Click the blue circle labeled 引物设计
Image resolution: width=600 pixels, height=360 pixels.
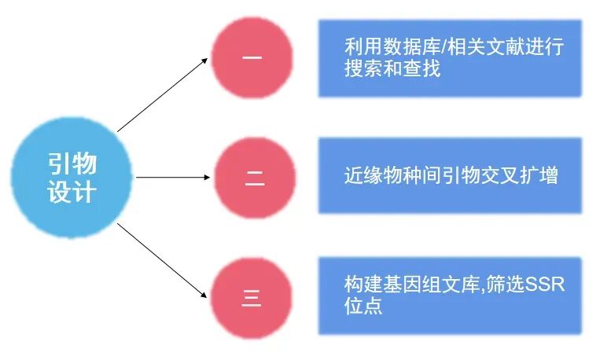click(72, 178)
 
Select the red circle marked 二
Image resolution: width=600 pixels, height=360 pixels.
click(254, 178)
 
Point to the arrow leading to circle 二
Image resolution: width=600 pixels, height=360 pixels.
click(173, 178)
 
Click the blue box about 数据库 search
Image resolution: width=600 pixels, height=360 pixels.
click(450, 57)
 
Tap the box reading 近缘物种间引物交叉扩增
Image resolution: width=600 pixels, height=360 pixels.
click(450, 174)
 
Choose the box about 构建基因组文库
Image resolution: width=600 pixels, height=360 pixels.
click(450, 295)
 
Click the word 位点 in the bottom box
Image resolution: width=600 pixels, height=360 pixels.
click(363, 306)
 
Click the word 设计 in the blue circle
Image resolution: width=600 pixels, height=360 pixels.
click(72, 192)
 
